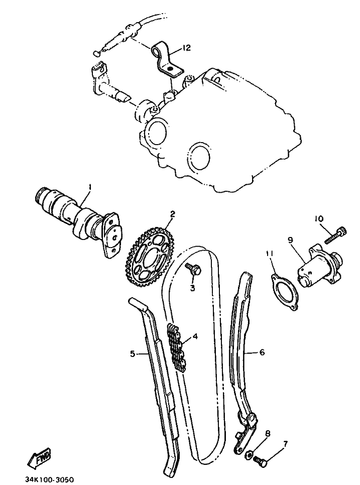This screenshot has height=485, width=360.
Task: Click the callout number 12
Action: point(186,48)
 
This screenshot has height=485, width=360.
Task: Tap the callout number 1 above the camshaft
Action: point(90,187)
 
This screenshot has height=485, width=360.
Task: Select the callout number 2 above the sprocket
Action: point(172,214)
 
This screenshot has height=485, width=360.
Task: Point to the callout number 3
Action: point(192,288)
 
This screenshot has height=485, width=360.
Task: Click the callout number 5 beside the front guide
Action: point(133,353)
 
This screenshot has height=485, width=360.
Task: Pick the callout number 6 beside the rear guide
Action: point(262,352)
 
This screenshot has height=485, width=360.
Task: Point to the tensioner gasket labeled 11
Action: point(285,292)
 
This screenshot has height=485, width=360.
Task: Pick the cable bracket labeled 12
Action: point(167,60)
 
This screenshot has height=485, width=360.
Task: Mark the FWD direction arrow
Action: point(40,458)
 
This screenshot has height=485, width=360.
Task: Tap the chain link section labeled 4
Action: point(177,347)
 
